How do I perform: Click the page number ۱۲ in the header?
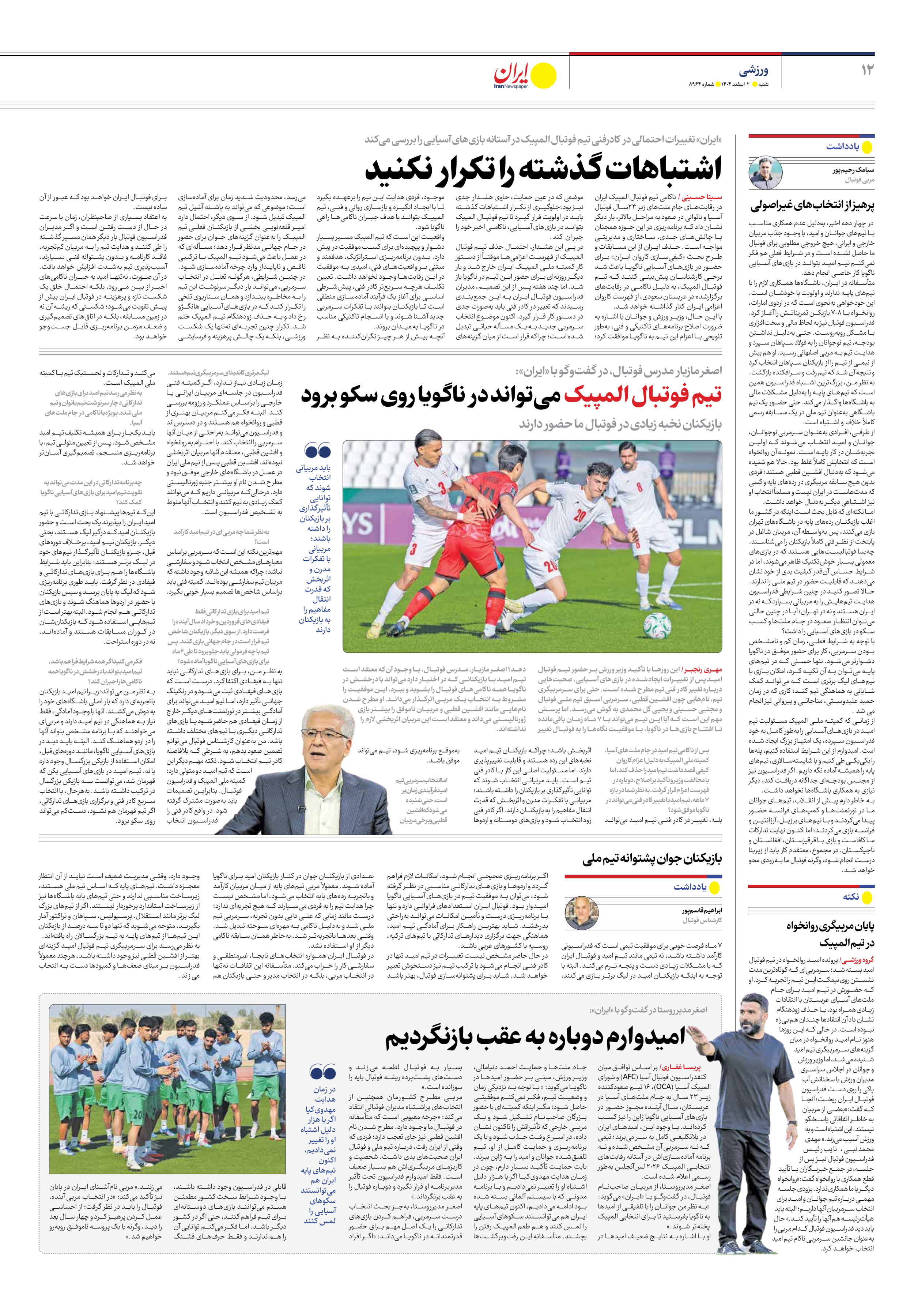(867, 70)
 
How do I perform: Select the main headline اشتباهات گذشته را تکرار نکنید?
(543, 168)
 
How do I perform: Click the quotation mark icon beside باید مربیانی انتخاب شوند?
(317, 452)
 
